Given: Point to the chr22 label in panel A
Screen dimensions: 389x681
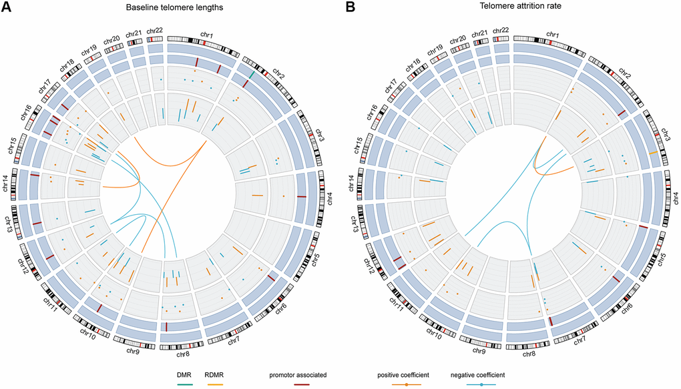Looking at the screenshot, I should click(x=154, y=30).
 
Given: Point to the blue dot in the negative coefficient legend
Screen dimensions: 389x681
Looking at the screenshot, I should click(x=481, y=384).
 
